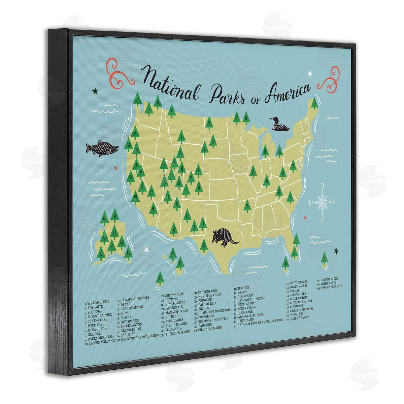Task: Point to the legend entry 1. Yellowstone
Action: click(x=97, y=302)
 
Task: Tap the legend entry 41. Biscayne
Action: click(x=242, y=289)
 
